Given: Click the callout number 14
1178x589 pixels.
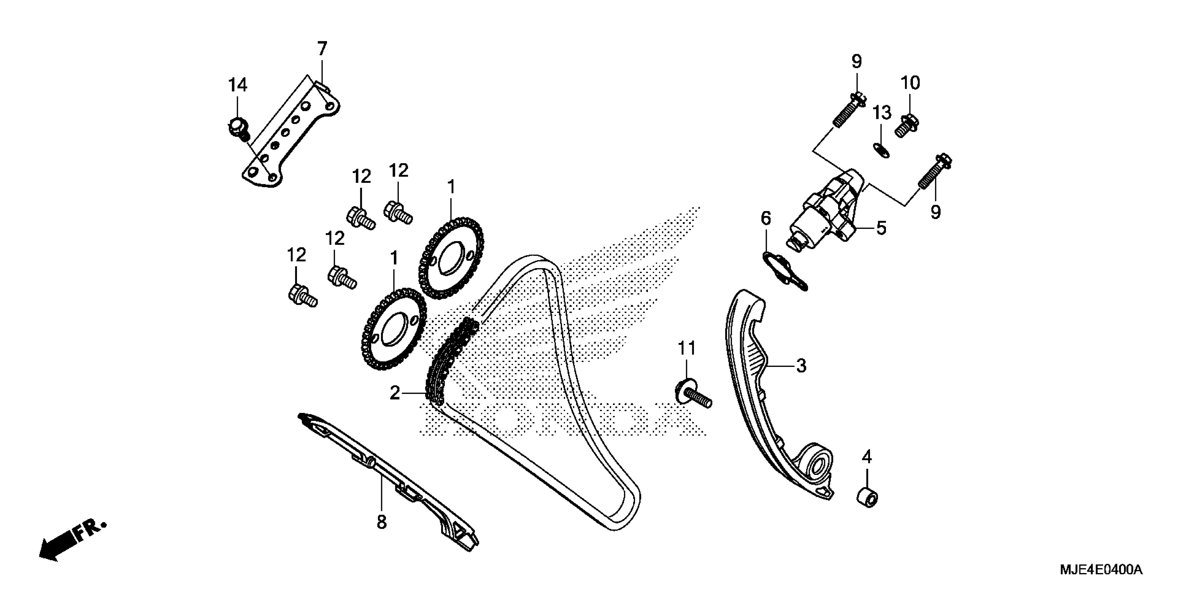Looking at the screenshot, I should coord(238,85).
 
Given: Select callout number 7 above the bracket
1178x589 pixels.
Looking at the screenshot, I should coord(323,48).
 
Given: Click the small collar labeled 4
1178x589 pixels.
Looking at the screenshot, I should coord(867,498).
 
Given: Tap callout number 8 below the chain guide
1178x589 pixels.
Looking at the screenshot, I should coord(381,522).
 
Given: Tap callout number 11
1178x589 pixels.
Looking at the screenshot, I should coord(686,349).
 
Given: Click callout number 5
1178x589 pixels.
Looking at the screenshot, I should coord(881,228).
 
